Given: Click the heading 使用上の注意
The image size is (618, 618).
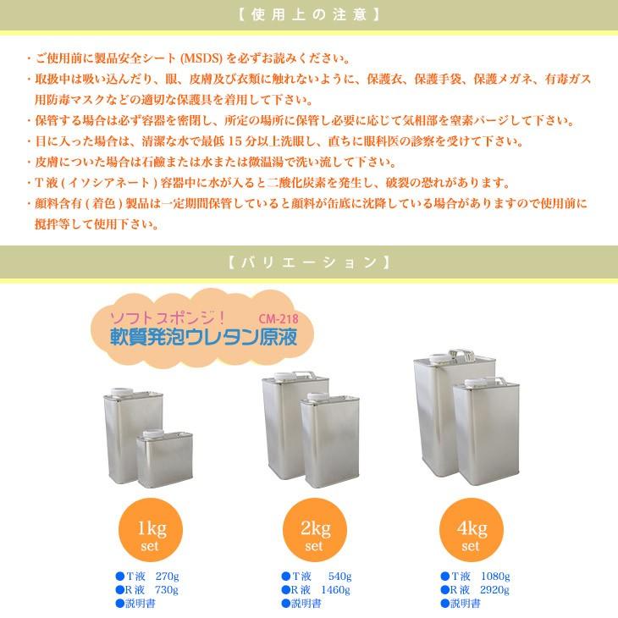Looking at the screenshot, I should [308, 15].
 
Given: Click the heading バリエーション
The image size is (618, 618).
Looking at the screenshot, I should [308, 262].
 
